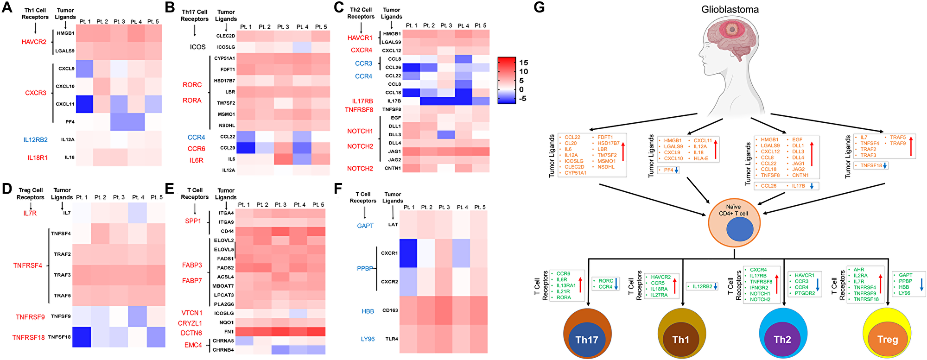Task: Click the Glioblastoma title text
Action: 730,10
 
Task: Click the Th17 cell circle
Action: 587,335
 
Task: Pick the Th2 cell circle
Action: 782,335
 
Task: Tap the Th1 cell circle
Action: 681,335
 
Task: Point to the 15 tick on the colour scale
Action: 523,63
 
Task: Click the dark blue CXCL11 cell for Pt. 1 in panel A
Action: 84,104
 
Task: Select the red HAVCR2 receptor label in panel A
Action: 34,42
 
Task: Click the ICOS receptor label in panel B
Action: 197,47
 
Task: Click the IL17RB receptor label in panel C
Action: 362,101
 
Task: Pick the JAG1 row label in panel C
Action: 394,152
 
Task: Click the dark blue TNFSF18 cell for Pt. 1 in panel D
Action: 81,337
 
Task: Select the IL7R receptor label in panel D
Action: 30,213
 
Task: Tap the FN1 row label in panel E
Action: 229,332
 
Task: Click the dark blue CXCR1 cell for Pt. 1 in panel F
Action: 408,253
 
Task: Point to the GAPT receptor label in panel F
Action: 365,226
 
